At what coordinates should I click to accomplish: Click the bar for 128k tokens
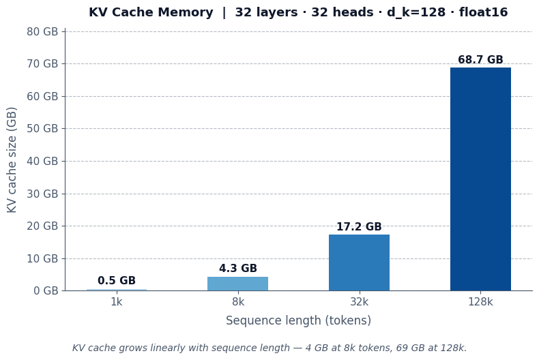(x=480, y=179)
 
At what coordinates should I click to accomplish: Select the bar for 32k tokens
(x=359, y=262)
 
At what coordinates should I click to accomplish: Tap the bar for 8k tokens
(x=237, y=284)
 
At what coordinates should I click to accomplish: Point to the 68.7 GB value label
(x=480, y=60)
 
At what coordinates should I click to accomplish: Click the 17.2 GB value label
(x=359, y=227)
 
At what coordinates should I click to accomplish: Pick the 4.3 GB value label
(x=237, y=269)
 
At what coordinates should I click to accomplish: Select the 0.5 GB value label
(x=117, y=281)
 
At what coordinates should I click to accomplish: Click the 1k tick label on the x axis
(x=117, y=302)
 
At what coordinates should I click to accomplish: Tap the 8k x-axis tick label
(x=237, y=302)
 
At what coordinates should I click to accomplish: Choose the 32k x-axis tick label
(x=359, y=302)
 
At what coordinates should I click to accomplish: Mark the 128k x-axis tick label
(x=480, y=302)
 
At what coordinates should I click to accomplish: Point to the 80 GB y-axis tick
(x=42, y=31)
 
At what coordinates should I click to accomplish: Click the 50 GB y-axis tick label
(x=42, y=128)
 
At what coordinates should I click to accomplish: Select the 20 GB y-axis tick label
(x=42, y=226)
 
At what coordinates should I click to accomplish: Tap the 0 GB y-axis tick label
(x=45, y=290)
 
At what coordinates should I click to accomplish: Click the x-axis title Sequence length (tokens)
(x=298, y=320)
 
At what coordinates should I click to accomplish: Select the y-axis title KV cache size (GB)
(x=12, y=160)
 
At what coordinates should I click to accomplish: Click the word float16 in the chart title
(x=483, y=12)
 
